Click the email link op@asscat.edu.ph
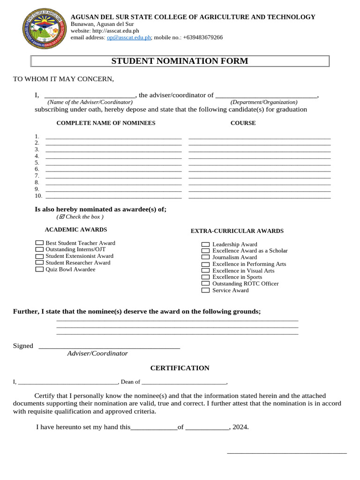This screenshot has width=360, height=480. coord(128,37)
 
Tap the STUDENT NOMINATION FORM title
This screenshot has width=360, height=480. coord(180,61)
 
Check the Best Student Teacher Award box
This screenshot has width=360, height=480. coord(39,243)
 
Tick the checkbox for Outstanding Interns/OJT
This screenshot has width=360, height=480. coord(39,249)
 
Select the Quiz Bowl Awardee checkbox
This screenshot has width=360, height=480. coord(39,269)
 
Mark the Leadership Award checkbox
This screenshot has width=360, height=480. coord(205,244)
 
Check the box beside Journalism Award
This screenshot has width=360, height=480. coord(205,257)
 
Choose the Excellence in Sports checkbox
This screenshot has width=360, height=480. coord(205,277)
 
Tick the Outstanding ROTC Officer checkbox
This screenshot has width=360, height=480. coord(205,284)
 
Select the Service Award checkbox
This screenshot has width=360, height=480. coord(205,290)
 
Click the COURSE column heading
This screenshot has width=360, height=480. coord(243,123)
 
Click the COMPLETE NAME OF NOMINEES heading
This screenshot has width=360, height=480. coord(105,123)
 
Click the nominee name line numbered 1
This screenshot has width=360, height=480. coord(113,137)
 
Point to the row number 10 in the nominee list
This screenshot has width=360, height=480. coord(38,195)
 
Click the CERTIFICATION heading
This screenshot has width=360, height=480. coord(180,368)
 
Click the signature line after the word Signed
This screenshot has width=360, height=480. coord(109,347)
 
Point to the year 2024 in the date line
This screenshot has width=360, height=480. coord(240,427)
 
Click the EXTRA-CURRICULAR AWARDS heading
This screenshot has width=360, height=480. coord(237,231)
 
